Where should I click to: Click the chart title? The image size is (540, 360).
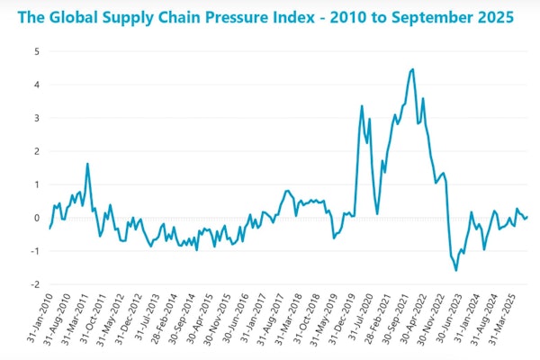(x=269, y=17)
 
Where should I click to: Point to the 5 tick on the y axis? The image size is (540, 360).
(x=36, y=51)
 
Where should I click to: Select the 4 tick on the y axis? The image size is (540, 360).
(x=36, y=85)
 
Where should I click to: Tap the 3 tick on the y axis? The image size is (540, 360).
(x=36, y=118)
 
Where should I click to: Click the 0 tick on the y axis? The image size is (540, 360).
(x=36, y=218)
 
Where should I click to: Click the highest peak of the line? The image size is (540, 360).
(x=412, y=69)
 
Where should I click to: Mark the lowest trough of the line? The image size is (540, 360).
(x=456, y=270)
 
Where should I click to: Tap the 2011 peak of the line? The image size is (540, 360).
(x=87, y=164)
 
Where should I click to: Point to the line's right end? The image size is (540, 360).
(x=527, y=216)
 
